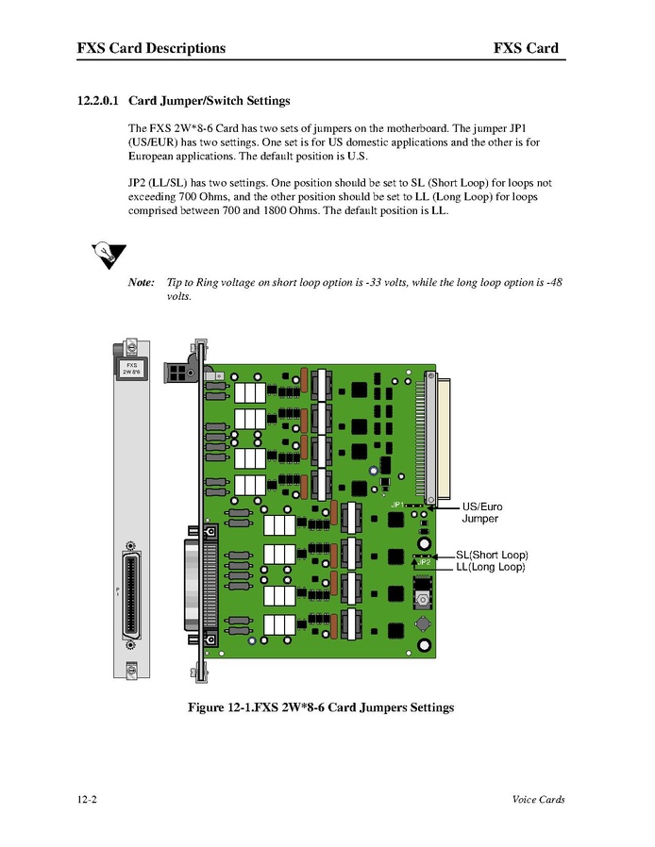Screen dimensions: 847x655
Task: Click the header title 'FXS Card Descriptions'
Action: coord(151,48)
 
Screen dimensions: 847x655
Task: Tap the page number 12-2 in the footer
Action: coord(88,800)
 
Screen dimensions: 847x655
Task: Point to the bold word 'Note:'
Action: coord(141,283)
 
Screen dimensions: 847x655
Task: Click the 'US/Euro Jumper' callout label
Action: coord(481,513)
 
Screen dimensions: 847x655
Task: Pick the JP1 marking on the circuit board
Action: coord(397,506)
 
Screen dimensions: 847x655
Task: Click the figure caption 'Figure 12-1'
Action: coord(321,707)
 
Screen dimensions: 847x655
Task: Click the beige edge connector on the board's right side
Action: coord(440,434)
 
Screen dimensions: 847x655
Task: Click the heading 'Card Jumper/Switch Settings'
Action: coord(209,100)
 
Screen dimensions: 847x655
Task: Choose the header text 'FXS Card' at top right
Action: coord(525,48)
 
